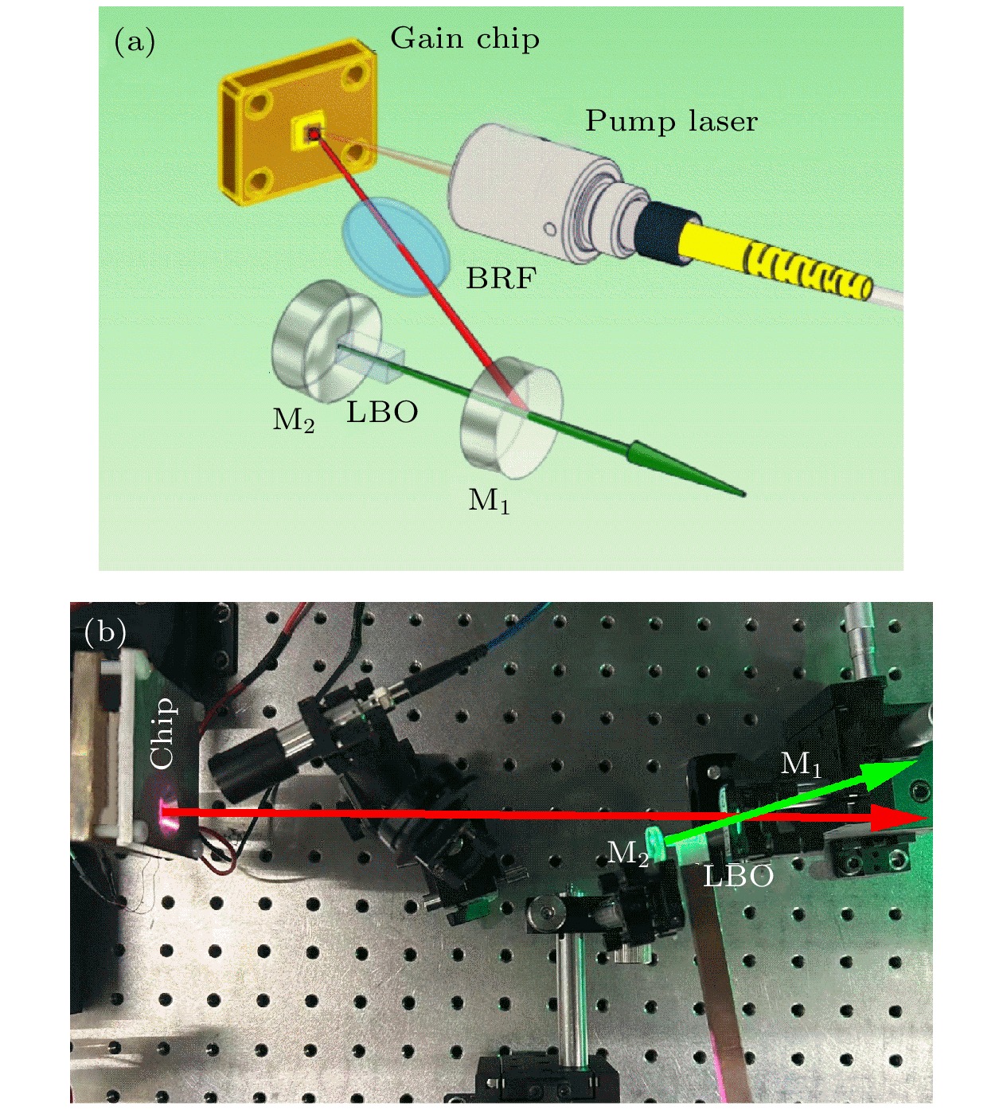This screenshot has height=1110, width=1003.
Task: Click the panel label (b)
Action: coord(105,632)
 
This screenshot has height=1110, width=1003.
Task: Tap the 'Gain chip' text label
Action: coord(465,40)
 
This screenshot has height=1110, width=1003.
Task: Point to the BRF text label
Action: coord(501,279)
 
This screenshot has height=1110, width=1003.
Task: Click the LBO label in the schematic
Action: coord(382,412)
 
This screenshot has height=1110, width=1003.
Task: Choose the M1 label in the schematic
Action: coord(489,502)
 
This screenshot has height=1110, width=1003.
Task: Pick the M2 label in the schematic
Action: coord(293,420)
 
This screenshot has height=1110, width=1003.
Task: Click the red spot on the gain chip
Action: coord(314,135)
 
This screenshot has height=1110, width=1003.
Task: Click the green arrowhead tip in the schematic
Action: coord(744,494)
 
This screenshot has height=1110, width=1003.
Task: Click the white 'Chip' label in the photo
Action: coord(163,733)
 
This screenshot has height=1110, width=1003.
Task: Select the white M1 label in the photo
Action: coord(801,765)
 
